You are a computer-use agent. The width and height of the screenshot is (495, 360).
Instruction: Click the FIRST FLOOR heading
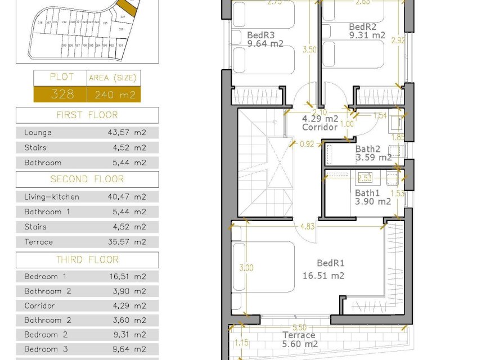87,115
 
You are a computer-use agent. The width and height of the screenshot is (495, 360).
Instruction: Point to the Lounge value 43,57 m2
128,133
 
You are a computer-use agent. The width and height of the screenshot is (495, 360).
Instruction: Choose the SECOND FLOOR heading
87,179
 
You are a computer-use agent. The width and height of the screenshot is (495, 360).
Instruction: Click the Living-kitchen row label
52,197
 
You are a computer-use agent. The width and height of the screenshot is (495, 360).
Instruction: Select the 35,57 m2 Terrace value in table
128,242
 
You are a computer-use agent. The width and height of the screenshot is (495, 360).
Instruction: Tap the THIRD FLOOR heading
87,260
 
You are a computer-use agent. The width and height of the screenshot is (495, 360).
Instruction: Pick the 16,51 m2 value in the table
128,276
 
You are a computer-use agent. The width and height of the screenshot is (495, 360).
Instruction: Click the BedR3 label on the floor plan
260,34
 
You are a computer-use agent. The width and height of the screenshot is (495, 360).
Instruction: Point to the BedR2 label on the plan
362,26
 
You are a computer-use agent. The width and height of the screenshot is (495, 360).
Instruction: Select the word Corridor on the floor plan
319,127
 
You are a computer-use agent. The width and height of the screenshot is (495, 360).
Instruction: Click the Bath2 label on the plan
368,149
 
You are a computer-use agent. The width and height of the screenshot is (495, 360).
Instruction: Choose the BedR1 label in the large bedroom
330,263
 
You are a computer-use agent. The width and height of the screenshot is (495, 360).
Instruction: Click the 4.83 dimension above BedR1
307,227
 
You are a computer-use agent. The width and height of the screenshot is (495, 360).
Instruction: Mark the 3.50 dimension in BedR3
309,49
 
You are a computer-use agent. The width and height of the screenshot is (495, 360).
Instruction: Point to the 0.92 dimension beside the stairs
307,143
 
